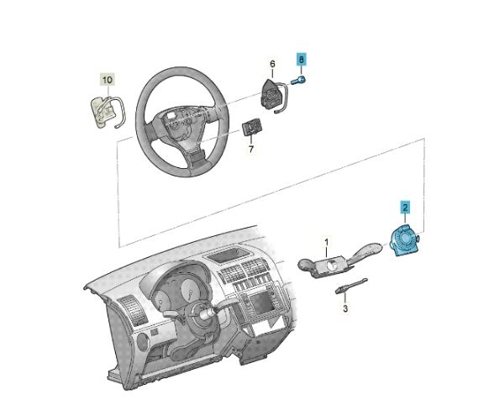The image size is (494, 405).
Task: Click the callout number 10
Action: point(108,80)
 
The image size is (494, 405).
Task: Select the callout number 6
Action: point(272,64)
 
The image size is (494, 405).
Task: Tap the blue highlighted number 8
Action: point(302,59)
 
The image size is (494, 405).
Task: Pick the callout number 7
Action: point(250,149)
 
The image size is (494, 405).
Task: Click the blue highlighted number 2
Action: point(405,207)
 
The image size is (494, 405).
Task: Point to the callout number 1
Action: point(327,242)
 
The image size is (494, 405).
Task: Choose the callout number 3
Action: point(345,308)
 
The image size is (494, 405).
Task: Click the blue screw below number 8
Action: point(299,81)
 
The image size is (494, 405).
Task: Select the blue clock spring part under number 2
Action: point(405,239)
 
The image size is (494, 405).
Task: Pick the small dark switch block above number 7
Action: point(252,127)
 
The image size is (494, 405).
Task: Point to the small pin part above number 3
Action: point(351,286)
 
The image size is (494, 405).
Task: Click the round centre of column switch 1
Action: point(332,266)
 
